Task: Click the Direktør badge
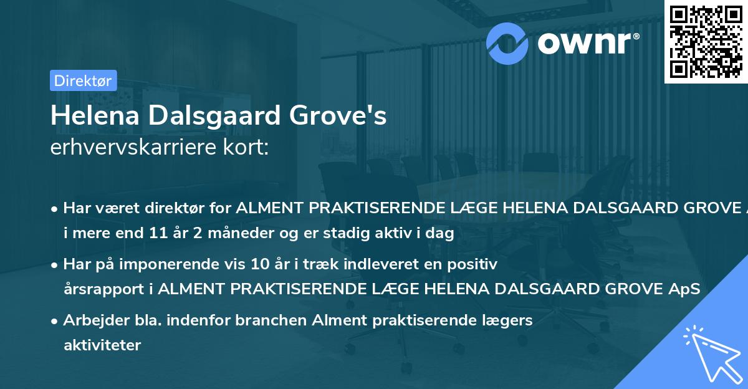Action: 83,80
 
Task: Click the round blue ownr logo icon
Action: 507,44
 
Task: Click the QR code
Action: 706,41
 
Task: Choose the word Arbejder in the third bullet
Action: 91,320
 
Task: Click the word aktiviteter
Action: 102,345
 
